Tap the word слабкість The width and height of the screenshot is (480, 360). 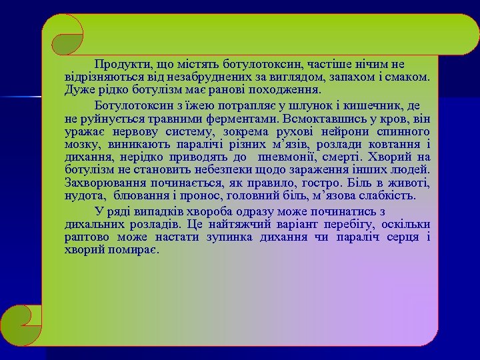click(389, 196)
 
